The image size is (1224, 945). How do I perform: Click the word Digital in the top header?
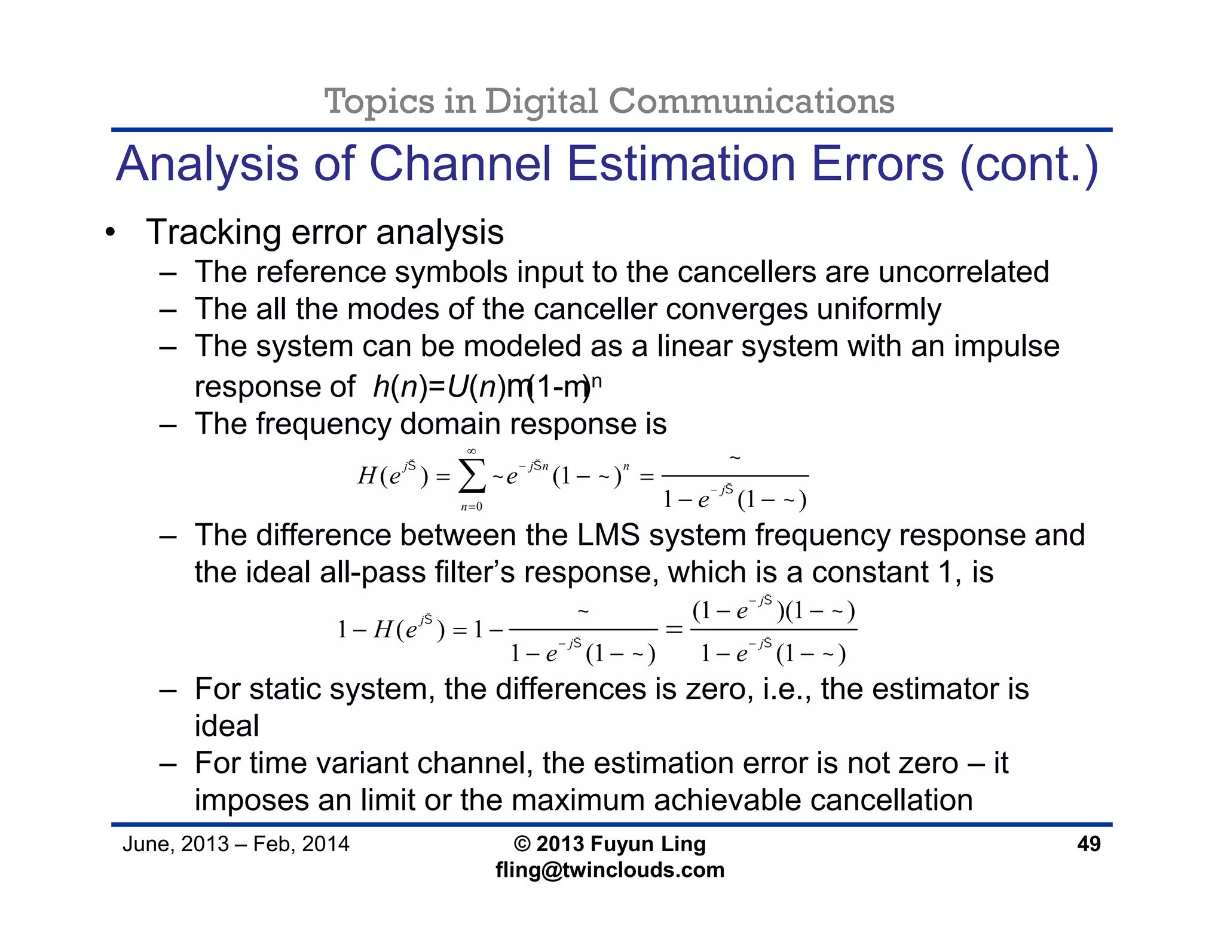tap(541, 101)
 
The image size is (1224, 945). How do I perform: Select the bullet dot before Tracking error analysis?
tap(109, 233)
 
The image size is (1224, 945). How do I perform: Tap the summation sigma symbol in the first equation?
tap(472, 477)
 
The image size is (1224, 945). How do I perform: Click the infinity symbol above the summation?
tap(472, 451)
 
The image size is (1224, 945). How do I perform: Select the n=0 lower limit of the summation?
tap(472, 507)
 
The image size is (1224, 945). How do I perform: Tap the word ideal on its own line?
tap(227, 726)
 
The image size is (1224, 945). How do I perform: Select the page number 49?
tap(1088, 844)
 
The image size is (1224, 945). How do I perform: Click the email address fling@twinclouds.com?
tap(610, 870)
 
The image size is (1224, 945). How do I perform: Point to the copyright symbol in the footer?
tap(522, 844)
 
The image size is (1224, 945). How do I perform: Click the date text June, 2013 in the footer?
tap(176, 844)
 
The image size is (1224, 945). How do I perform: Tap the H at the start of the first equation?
tap(366, 476)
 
